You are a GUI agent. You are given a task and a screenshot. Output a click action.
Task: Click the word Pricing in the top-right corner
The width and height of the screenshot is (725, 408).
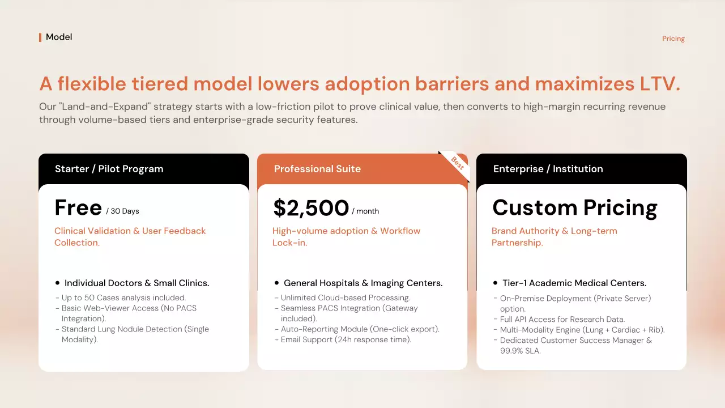click(673, 39)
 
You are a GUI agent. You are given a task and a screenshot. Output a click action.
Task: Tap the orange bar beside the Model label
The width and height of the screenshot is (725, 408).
click(40, 37)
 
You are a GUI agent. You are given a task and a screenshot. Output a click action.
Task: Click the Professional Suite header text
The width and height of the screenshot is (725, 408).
click(317, 169)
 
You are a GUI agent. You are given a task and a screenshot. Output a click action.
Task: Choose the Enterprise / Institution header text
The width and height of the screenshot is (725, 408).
click(548, 169)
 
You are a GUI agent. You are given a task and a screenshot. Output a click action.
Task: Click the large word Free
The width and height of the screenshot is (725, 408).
click(78, 207)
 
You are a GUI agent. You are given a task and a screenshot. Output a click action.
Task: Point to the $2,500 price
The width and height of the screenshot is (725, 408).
click(311, 207)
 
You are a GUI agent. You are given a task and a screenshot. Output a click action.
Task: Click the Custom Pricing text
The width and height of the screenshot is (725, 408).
click(575, 208)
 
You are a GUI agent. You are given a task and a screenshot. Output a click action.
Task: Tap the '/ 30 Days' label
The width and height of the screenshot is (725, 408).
click(122, 211)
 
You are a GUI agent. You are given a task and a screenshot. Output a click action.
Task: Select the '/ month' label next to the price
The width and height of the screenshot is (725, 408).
click(365, 211)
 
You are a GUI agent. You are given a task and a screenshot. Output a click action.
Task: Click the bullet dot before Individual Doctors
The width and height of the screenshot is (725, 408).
click(57, 283)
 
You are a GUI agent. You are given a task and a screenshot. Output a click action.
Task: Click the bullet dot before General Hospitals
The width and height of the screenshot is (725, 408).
click(276, 283)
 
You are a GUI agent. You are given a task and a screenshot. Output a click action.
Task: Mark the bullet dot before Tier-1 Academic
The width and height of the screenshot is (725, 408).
click(495, 283)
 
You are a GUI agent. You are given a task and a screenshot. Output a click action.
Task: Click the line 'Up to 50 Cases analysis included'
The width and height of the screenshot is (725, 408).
click(123, 297)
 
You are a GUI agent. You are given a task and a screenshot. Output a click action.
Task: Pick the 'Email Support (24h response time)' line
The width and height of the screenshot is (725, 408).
click(346, 339)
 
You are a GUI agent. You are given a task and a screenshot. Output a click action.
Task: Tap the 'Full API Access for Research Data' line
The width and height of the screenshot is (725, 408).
click(562, 319)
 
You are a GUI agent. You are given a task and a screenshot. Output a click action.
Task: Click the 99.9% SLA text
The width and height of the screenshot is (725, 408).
click(520, 351)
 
